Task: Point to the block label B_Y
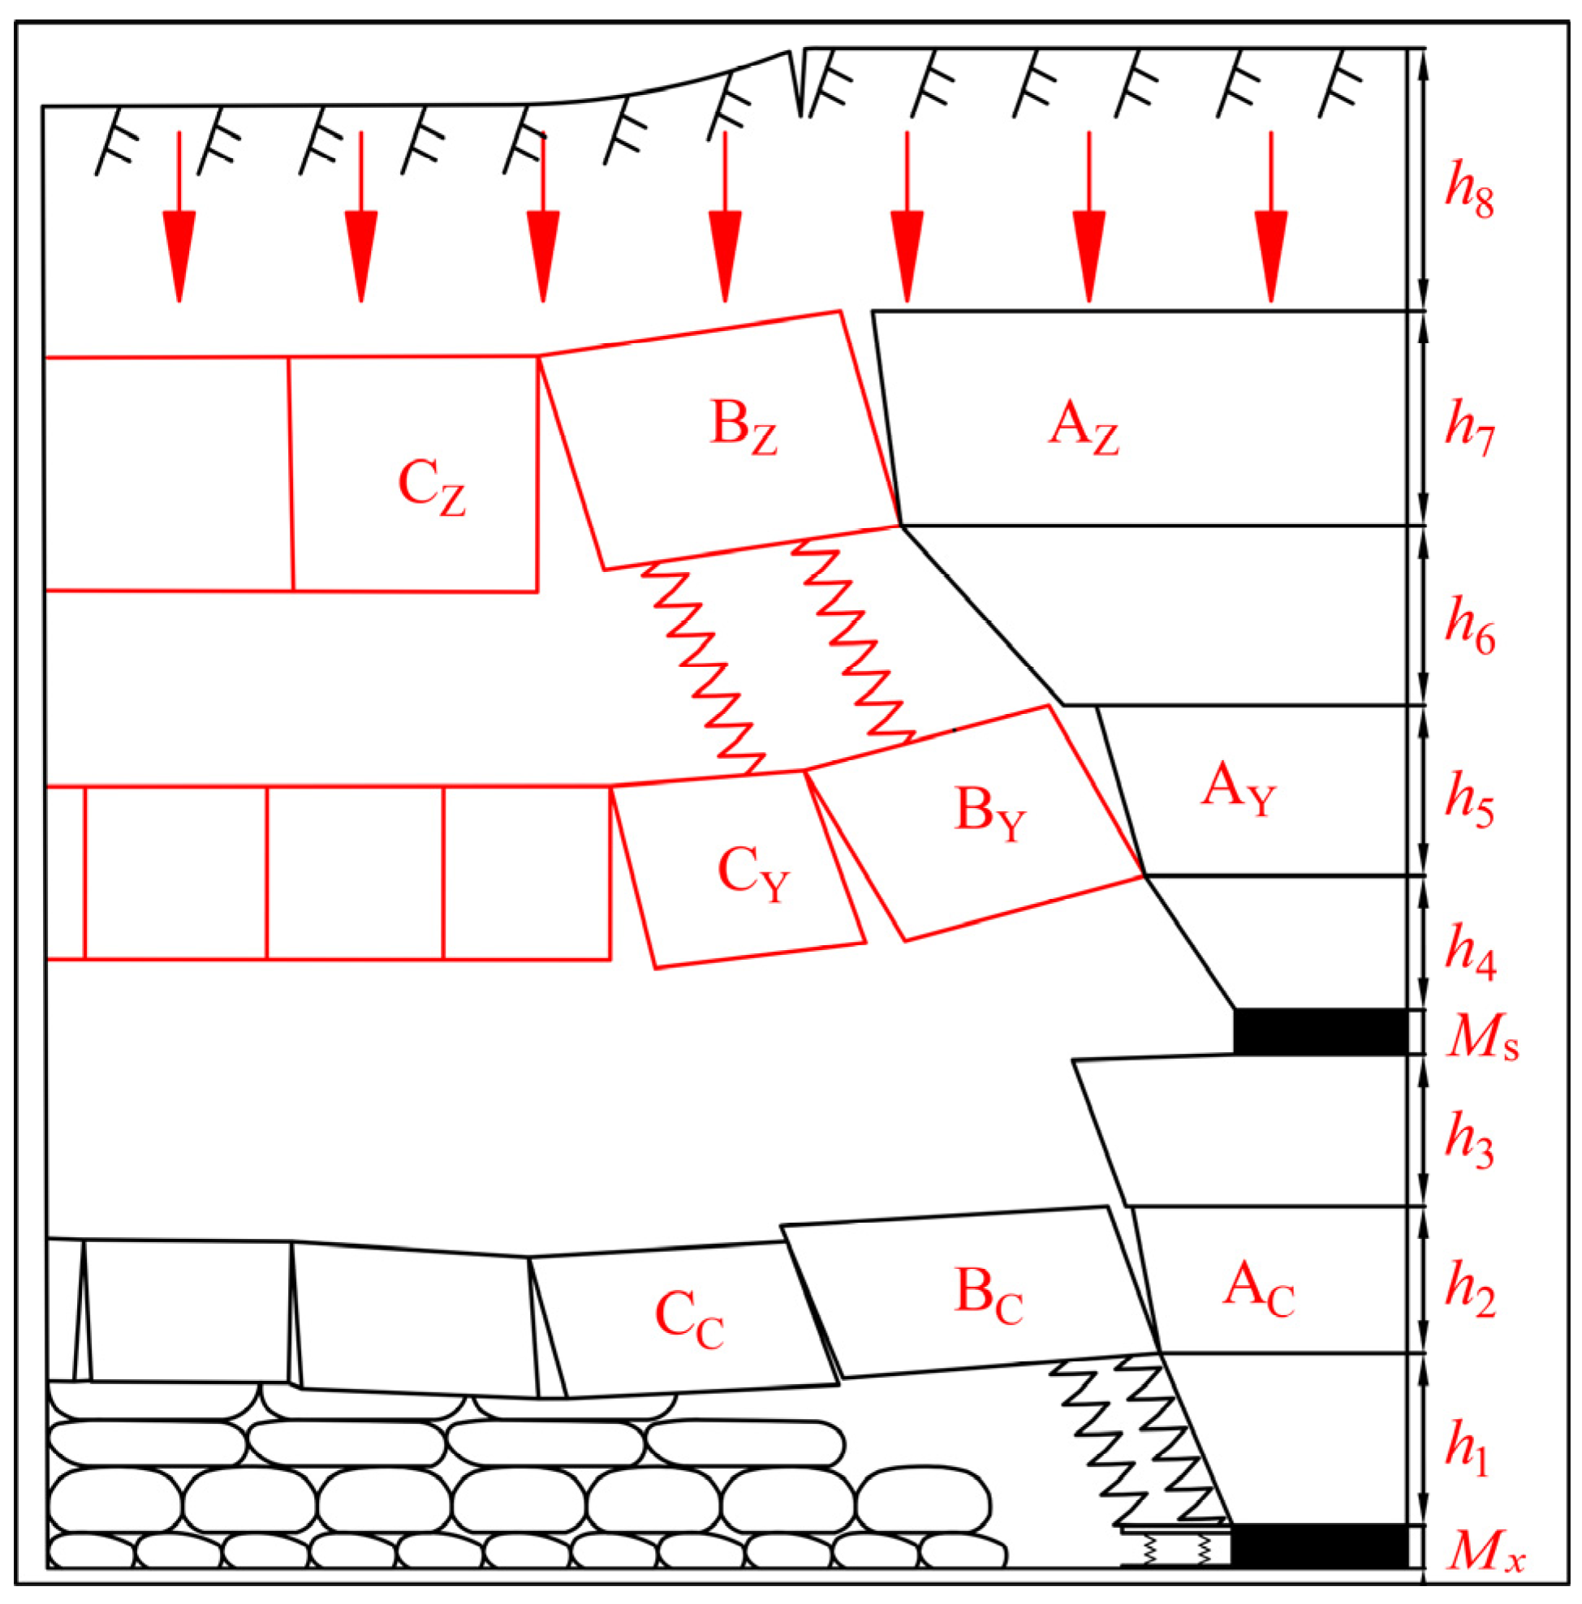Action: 990,814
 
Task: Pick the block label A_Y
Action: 1237,791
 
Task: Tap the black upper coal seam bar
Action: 1321,1032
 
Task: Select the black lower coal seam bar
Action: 1320,1546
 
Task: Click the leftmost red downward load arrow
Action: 179,216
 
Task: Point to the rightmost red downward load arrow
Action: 1271,216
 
